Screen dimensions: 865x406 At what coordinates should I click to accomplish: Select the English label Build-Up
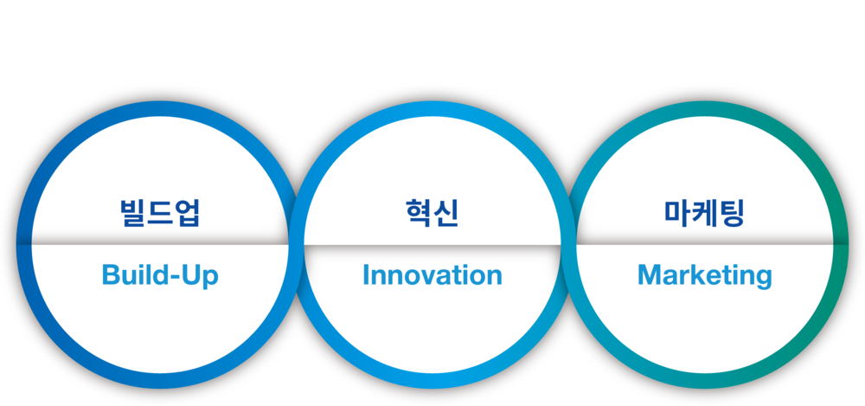pyautogui.click(x=160, y=276)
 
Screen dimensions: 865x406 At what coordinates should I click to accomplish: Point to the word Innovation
pyautogui.click(x=432, y=276)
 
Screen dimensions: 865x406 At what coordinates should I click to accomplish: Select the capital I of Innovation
pyautogui.click(x=366, y=276)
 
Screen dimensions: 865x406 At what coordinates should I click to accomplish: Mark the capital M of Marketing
pyautogui.click(x=649, y=276)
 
